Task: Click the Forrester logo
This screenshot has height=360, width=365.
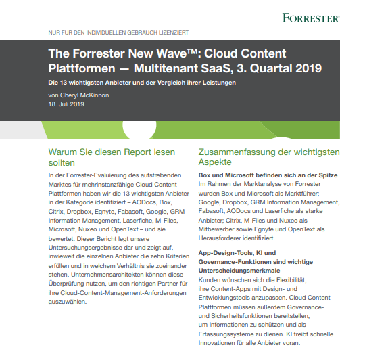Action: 310,16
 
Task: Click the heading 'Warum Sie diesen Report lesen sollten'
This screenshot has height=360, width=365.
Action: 111,158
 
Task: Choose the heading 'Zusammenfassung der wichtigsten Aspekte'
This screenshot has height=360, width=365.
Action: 268,158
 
